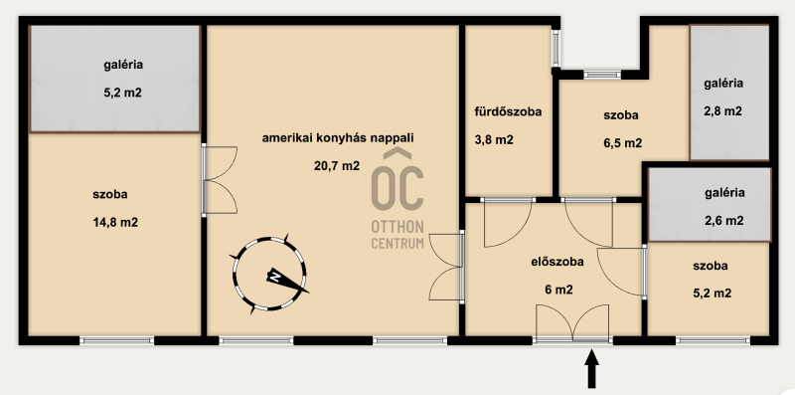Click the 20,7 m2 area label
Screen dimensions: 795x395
pyautogui.click(x=337, y=165)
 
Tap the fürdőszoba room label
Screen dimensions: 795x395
pyautogui.click(x=508, y=111)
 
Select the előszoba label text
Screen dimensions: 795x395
pyautogui.click(x=557, y=262)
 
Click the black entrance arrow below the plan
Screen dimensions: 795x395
pyautogui.click(x=591, y=369)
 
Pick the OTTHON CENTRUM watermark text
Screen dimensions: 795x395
pyautogui.click(x=397, y=235)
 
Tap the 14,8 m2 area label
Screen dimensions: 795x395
pyautogui.click(x=115, y=223)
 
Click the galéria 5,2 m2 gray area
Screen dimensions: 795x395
pyautogui.click(x=115, y=79)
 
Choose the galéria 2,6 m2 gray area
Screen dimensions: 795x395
pyautogui.click(x=710, y=205)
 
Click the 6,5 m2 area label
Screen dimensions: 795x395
pyautogui.click(x=622, y=143)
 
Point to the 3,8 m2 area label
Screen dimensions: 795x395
pyautogui.click(x=494, y=139)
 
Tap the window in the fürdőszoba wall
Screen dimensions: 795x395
pyautogui.click(x=556, y=48)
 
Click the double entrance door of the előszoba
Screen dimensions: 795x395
pyautogui.click(x=572, y=323)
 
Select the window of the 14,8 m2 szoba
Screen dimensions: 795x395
pyautogui.click(x=117, y=340)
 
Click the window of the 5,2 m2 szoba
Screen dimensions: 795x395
pyautogui.click(x=713, y=340)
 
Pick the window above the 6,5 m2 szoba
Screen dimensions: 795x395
pyautogui.click(x=602, y=75)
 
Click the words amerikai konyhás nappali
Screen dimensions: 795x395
pyautogui.click(x=338, y=137)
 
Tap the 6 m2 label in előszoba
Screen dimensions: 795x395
pyautogui.click(x=558, y=290)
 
